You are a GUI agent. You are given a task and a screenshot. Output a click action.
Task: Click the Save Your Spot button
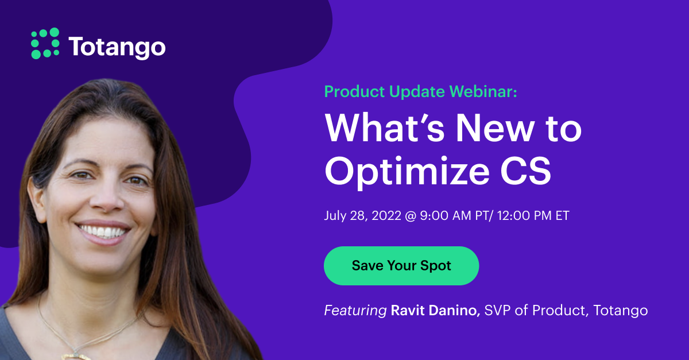401,266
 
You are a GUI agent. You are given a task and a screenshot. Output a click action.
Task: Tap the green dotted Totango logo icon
45,44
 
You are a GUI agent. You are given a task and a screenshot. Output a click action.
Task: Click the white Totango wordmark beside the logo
117,47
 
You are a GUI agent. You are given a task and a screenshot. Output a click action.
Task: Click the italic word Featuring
355,311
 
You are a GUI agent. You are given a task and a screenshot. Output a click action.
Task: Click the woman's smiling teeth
103,233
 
